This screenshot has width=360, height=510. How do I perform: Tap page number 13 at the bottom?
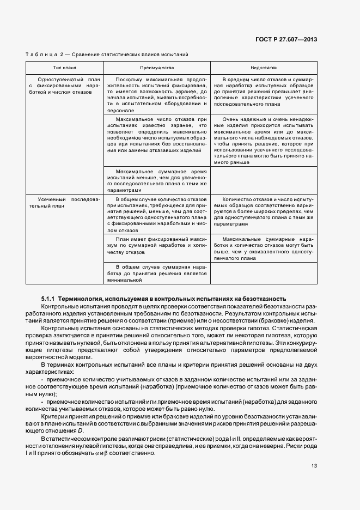point(314,466)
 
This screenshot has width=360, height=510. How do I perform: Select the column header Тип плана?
point(64,68)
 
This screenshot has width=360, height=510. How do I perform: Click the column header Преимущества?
point(157,68)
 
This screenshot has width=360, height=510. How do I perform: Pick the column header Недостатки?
point(264,68)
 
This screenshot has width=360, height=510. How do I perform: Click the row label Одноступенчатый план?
point(64,86)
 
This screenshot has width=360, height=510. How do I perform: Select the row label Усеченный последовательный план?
point(64,203)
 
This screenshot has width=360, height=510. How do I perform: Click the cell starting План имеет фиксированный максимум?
point(157,246)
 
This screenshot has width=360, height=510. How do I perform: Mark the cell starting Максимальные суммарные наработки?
point(264,249)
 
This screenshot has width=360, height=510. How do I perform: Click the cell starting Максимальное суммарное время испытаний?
point(157,180)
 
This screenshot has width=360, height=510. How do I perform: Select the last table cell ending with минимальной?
point(157,274)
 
